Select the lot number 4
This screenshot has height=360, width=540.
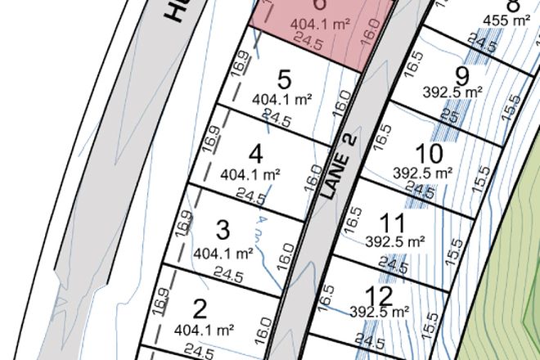point(256,153)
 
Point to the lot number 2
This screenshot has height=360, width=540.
point(199,308)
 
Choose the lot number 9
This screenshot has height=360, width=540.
point(462,77)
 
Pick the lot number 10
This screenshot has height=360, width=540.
point(428,153)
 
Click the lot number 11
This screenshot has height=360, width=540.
point(394,223)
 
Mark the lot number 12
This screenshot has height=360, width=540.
point(380,295)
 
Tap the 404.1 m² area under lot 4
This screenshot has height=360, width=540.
point(251,173)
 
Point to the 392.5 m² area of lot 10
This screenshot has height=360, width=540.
point(423,173)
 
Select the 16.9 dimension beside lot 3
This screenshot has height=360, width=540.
point(183,223)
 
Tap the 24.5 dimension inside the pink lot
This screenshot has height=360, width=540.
point(309,42)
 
